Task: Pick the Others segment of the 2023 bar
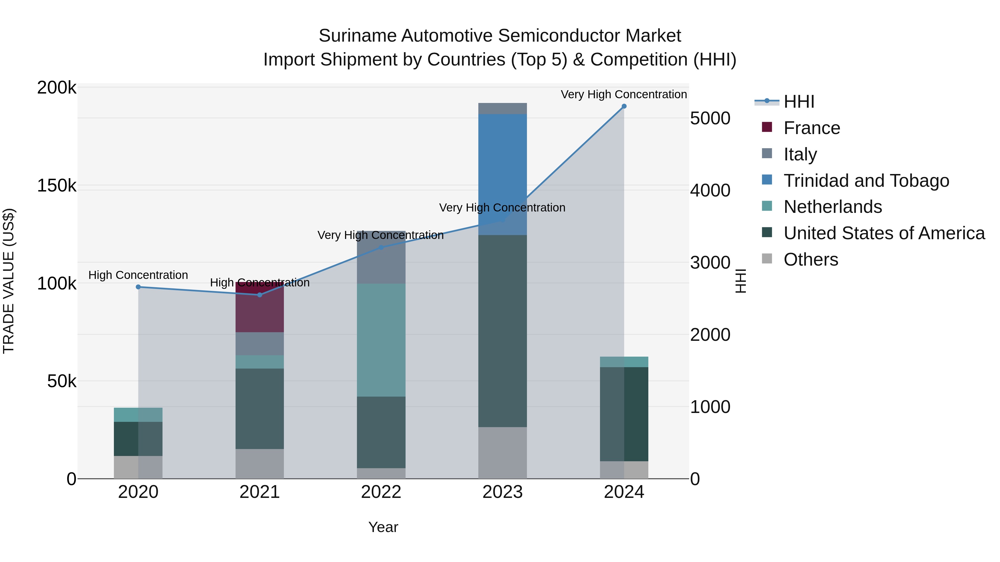(502, 453)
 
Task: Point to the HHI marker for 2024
(624, 106)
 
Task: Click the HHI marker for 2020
(138, 287)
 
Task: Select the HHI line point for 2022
(381, 248)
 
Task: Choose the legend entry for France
(811, 128)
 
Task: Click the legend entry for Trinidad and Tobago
(866, 181)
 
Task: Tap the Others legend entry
(811, 259)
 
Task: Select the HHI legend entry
(799, 102)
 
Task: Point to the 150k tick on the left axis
(57, 186)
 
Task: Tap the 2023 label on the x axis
(502, 492)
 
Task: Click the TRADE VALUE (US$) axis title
(9, 281)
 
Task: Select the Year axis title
(383, 527)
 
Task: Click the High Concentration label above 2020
(138, 275)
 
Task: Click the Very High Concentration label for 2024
(624, 94)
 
